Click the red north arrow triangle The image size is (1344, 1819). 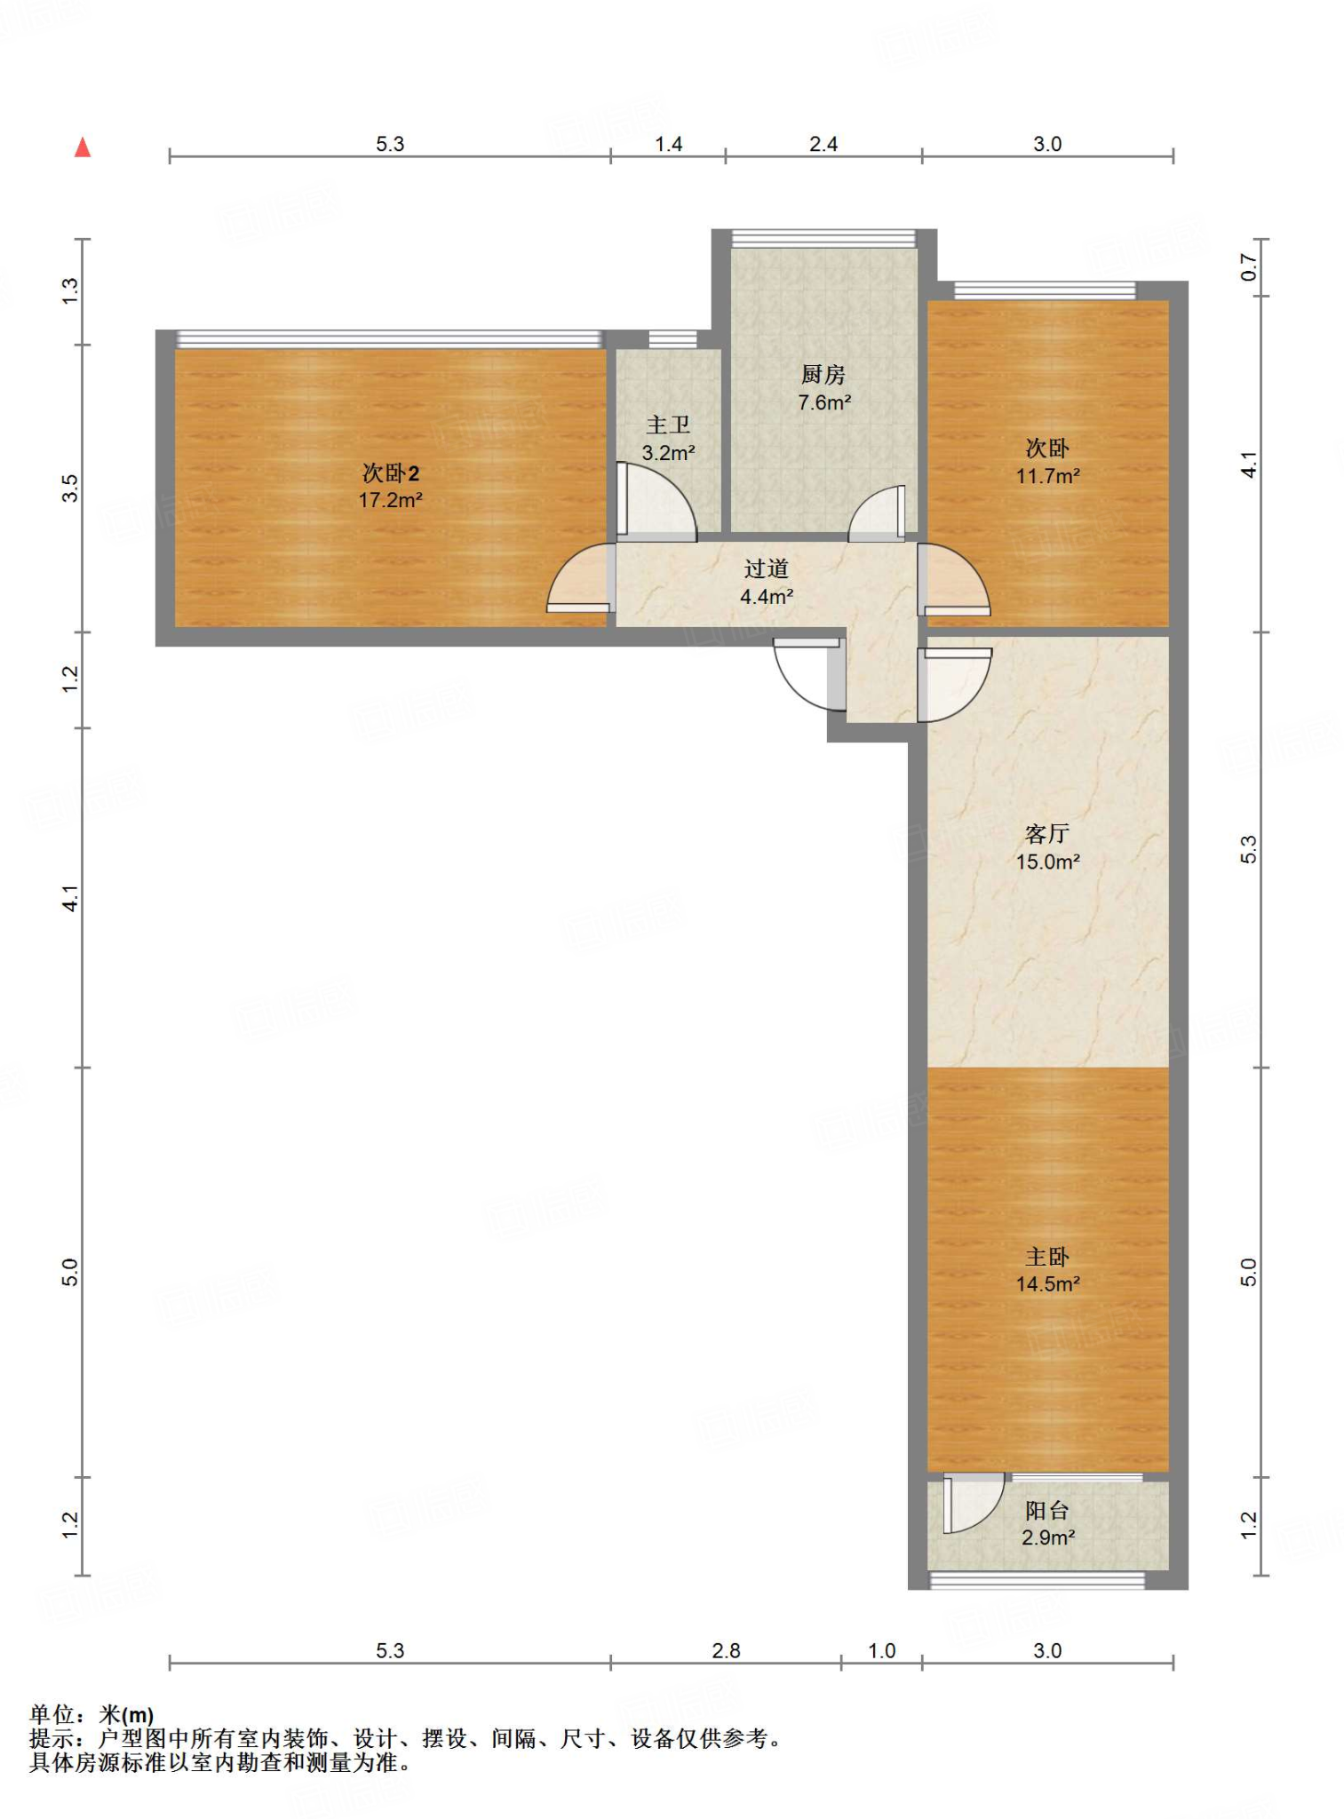[x=83, y=147]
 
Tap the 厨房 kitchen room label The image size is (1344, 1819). [x=823, y=375]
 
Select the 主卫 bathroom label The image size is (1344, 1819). [x=668, y=425]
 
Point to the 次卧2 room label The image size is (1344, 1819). [x=390, y=473]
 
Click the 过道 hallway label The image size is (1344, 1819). [x=767, y=568]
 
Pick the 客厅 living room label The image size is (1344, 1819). [x=1047, y=834]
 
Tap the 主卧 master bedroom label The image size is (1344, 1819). [x=1047, y=1257]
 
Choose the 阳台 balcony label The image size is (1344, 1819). [x=1047, y=1511]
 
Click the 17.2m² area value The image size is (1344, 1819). [x=390, y=500]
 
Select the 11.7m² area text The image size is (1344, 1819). [x=1048, y=476]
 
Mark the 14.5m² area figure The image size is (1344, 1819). [x=1048, y=1284]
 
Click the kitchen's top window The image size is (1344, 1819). [x=823, y=238]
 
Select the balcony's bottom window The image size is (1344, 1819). [x=1037, y=1580]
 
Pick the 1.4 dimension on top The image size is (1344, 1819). [x=669, y=144]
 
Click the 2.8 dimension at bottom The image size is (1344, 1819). [x=726, y=1651]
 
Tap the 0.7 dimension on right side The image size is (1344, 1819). [x=1249, y=267]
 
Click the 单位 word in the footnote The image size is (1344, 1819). [x=52, y=1715]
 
